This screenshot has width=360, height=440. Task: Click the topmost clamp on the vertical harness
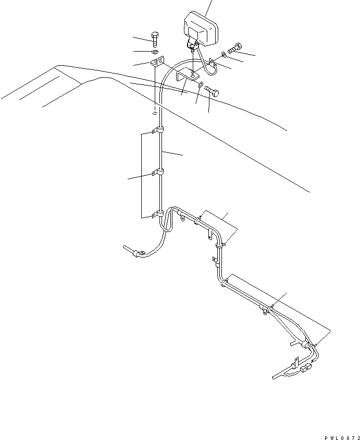(158, 130)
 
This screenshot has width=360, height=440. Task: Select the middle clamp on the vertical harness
(158, 172)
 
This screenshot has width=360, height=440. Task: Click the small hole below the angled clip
(155, 113)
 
